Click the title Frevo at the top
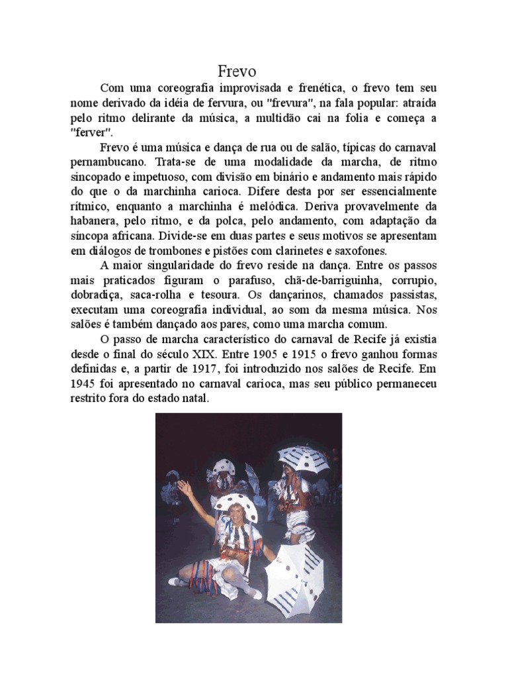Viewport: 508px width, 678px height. pyautogui.click(x=237, y=71)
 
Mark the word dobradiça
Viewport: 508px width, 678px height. pyautogui.click(x=96, y=295)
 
